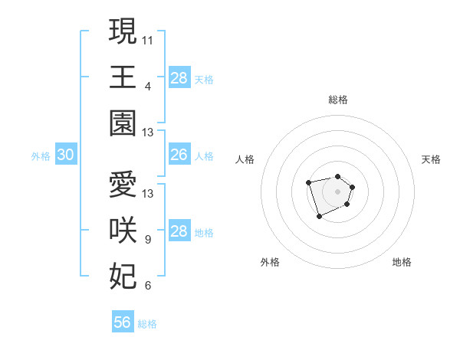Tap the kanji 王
[123, 77]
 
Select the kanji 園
[123, 123]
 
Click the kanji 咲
[123, 231]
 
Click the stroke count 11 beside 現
[148, 39]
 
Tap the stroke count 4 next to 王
[148, 86]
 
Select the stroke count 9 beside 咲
[148, 240]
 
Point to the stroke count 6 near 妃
[148, 286]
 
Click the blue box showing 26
[179, 155]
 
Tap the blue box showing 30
[65, 155]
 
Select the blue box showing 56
[123, 322]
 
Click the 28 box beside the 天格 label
[179, 77]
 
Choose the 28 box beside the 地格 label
[179, 231]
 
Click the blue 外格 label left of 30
[41, 156]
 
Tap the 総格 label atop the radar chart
[337, 100]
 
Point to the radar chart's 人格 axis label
[245, 159]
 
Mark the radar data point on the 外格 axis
[319, 217]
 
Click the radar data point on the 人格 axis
[308, 182]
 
